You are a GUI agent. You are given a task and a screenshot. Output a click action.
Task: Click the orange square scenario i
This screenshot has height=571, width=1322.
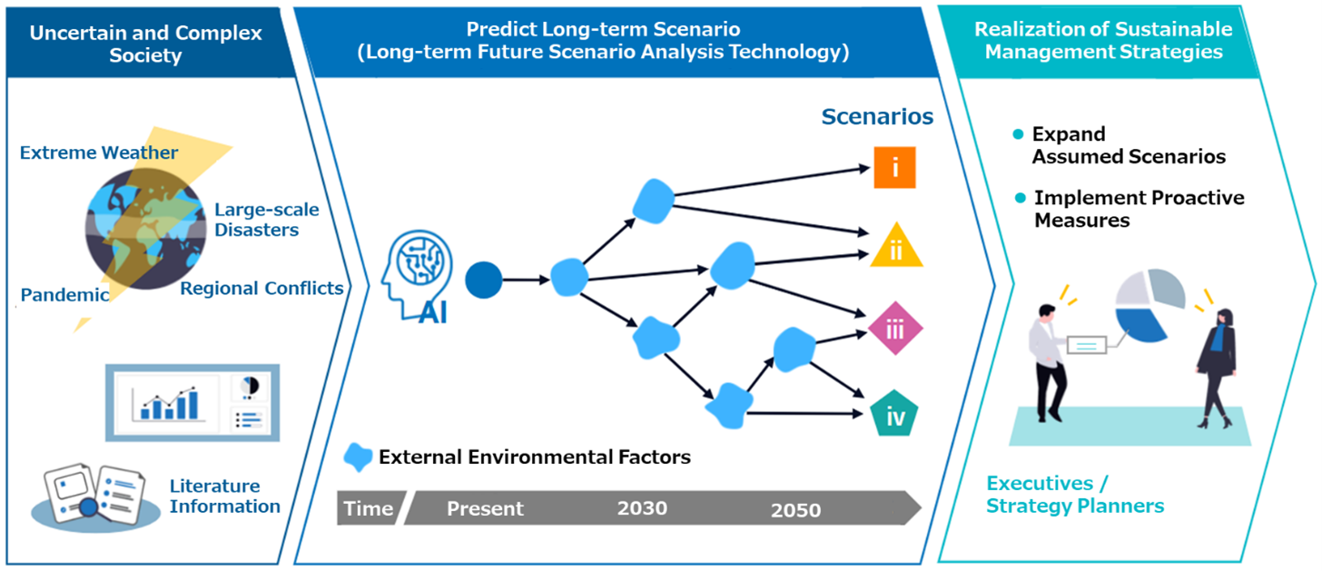coord(894,168)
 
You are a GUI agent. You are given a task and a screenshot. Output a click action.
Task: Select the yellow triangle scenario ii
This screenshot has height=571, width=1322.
coord(896,248)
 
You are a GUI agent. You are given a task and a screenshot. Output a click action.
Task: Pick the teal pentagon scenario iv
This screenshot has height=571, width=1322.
coord(895,416)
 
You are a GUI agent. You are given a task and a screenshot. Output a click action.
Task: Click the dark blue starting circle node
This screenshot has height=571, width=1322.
coord(483,280)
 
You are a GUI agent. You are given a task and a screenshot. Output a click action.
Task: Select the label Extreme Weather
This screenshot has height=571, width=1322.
coord(99,152)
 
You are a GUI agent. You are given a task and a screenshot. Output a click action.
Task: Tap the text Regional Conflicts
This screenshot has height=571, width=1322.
coord(261,289)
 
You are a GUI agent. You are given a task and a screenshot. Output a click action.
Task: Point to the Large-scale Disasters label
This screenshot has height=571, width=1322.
coord(266,220)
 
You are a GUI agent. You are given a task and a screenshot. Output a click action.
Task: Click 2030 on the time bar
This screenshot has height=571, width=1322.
coord(642,507)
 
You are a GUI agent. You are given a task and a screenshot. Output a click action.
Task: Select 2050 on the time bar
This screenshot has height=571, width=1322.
coord(795,509)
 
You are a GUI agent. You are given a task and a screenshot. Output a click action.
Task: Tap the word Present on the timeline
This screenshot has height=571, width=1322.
coord(485,508)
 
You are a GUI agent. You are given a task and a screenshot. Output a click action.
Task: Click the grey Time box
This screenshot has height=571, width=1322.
coord(369,508)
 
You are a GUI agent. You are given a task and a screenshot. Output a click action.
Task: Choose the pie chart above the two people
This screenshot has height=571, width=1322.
coord(1149,305)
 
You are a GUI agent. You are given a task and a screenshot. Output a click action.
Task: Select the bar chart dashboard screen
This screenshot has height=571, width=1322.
coord(192,401)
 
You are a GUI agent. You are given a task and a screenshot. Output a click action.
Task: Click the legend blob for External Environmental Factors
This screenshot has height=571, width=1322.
coord(360,457)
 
